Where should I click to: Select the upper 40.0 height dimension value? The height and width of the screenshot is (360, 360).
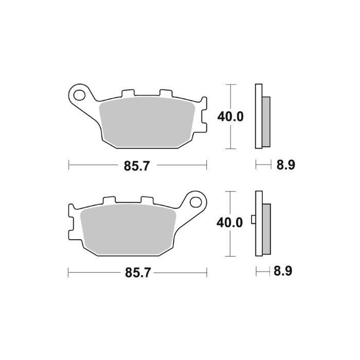[x=230, y=116]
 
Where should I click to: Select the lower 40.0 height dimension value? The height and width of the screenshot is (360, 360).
[x=229, y=223]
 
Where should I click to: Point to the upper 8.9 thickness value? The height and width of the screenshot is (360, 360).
[x=286, y=166]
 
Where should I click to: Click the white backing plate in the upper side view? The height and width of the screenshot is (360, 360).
[x=259, y=116]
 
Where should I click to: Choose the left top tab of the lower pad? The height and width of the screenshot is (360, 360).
[x=109, y=200]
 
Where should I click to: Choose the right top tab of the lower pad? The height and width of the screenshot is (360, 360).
[x=147, y=200]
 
